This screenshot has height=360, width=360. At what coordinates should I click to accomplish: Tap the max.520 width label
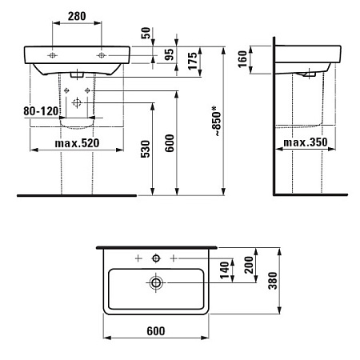tap(78, 143)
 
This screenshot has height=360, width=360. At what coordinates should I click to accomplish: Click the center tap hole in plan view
tap(157, 258)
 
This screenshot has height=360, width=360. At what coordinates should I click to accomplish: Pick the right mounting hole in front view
tap(102, 55)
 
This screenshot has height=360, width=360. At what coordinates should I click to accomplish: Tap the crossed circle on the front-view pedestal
tap(77, 103)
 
